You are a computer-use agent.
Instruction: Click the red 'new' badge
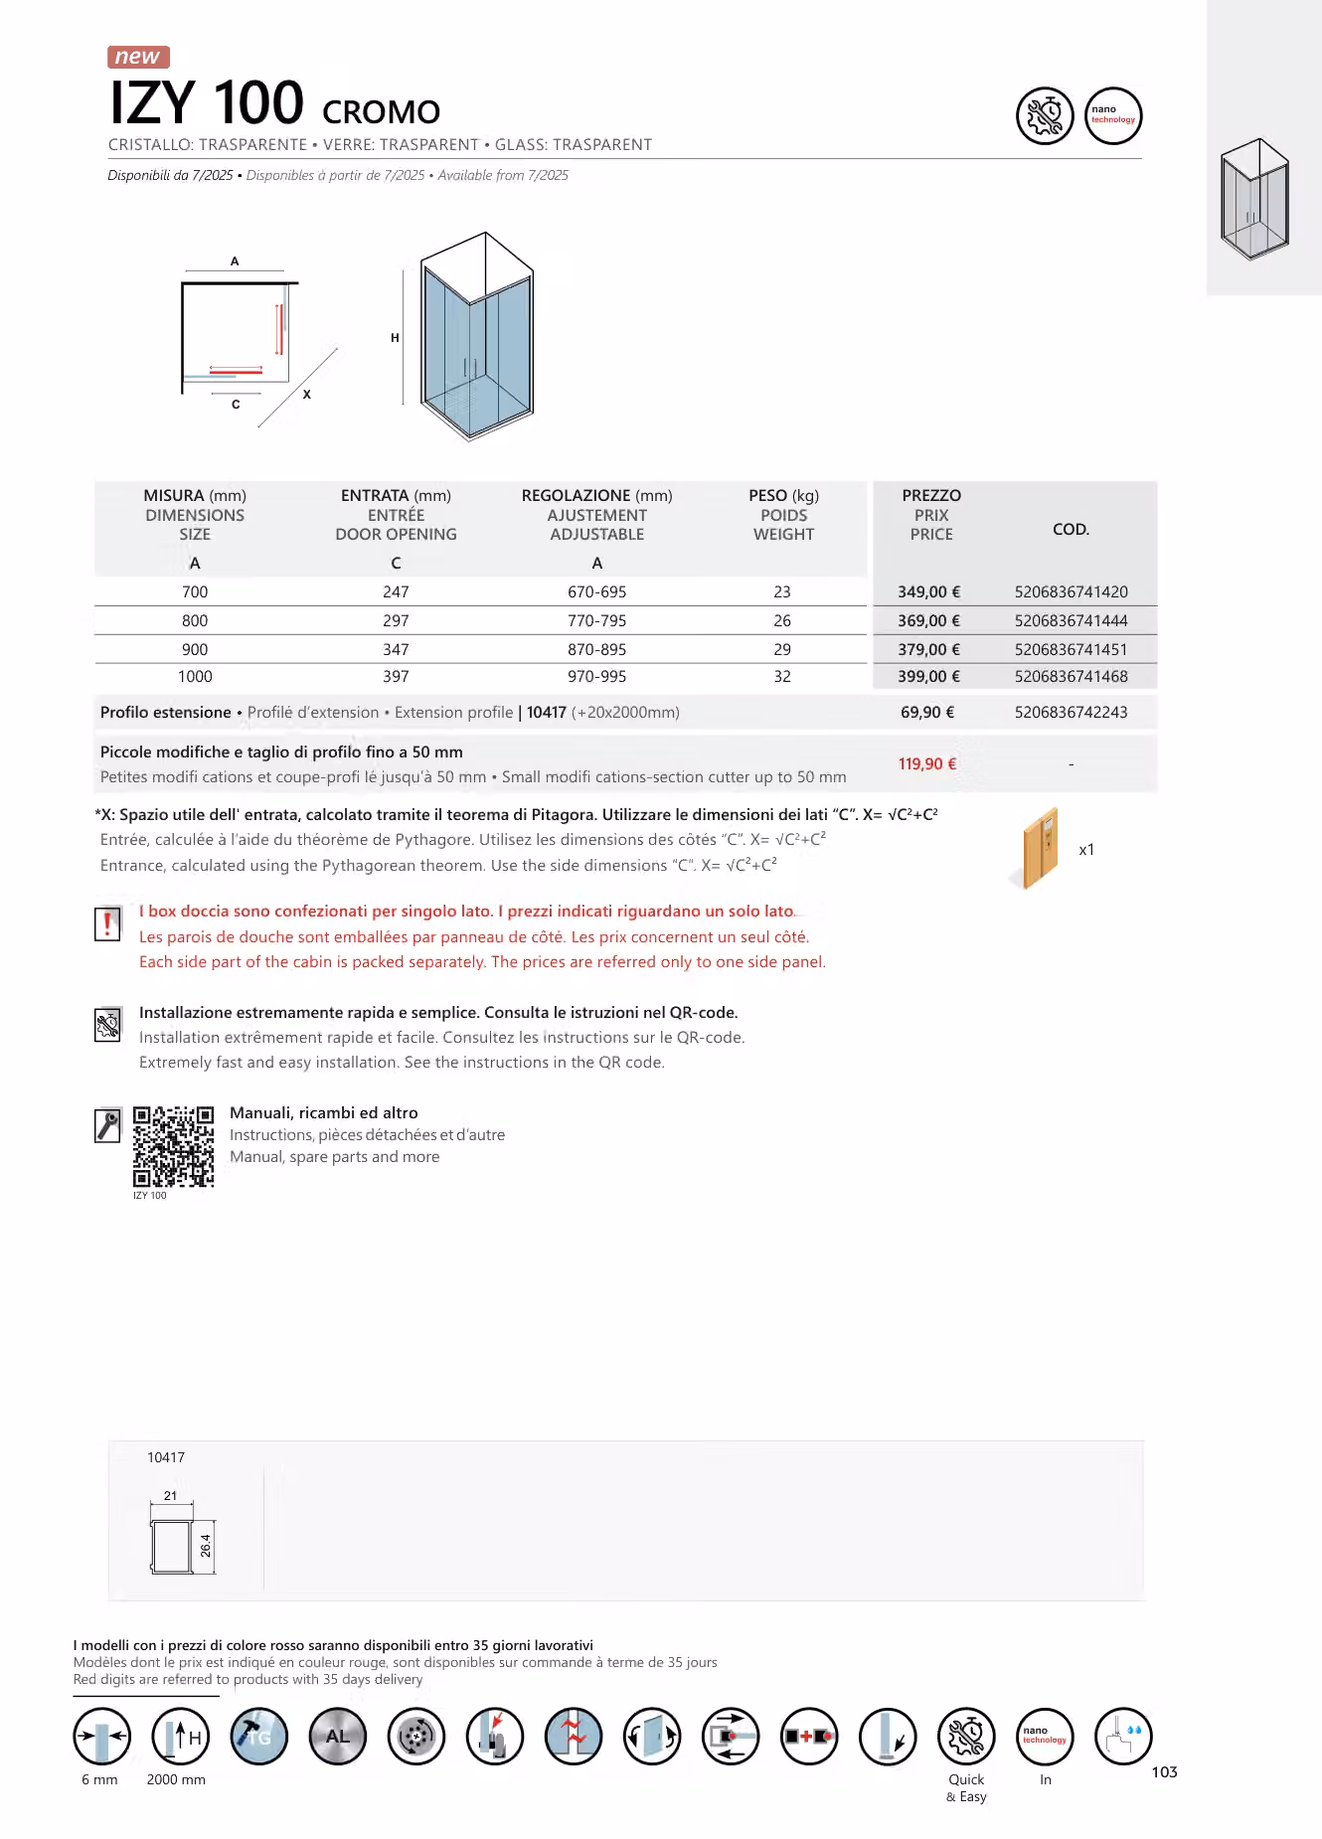[138, 57]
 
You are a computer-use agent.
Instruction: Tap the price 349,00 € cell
[928, 591]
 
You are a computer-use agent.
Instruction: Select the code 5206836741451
[1071, 649]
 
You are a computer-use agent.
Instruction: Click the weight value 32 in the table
[782, 676]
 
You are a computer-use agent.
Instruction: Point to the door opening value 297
[396, 620]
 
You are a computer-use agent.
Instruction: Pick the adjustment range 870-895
[596, 649]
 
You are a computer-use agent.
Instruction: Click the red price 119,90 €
[927, 763]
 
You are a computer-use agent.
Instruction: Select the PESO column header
[783, 495]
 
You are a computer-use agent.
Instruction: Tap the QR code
[173, 1146]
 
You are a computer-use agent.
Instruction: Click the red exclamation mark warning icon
[107, 923]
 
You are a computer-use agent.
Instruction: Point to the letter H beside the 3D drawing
[395, 338]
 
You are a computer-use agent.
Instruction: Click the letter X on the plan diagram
[307, 395]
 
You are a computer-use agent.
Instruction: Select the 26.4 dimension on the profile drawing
[206, 1546]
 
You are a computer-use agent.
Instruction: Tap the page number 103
[1164, 1771]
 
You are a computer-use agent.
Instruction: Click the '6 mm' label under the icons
[99, 1779]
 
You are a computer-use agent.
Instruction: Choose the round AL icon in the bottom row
[338, 1737]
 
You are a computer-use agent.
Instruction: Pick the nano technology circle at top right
[1113, 115]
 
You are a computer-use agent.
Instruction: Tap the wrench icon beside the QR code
[107, 1125]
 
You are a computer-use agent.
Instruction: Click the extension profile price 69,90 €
[927, 712]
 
